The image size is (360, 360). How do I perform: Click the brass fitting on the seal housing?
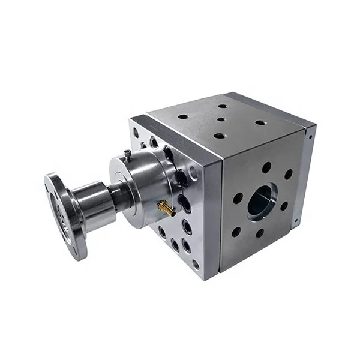(x=166, y=209)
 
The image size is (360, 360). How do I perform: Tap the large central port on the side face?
(x=262, y=201)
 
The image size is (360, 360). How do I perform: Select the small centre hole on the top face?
(x=221, y=119)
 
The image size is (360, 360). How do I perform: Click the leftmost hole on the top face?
(x=183, y=116)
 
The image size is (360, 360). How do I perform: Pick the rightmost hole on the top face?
(x=260, y=122)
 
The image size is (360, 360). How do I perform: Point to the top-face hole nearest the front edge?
(x=220, y=136)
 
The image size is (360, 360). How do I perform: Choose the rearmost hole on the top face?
(x=223, y=106)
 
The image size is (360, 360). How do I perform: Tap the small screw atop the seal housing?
(x=127, y=155)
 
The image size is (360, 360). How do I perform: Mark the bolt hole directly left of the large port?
(x=238, y=197)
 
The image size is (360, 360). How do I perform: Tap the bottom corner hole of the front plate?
(x=196, y=264)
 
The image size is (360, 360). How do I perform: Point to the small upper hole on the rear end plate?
(x=308, y=137)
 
